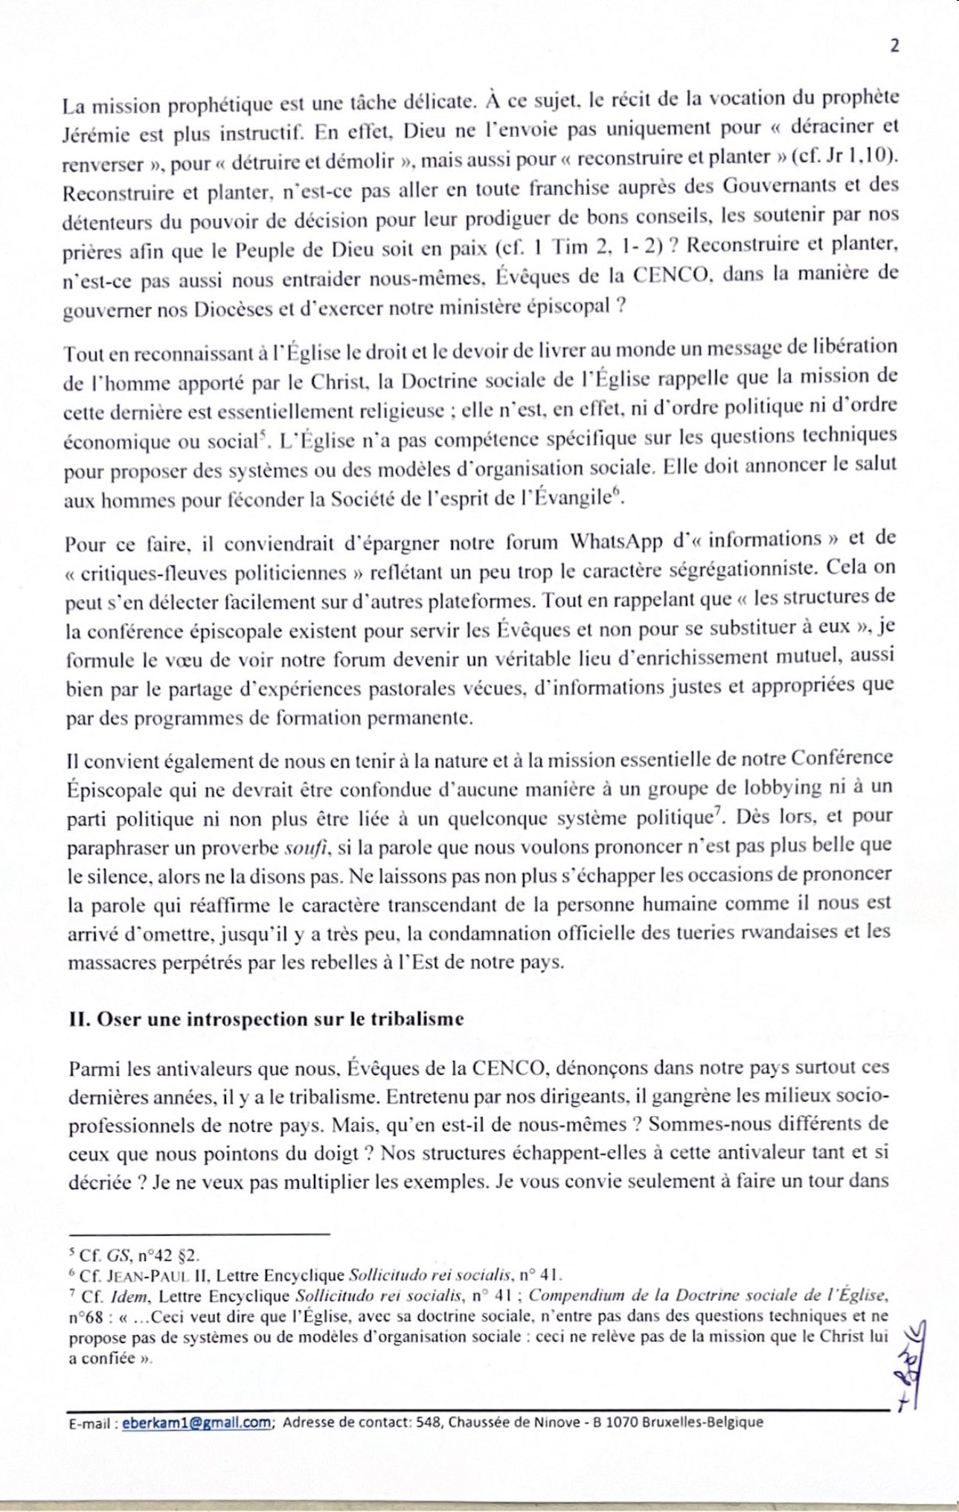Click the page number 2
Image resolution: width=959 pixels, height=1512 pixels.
point(894,45)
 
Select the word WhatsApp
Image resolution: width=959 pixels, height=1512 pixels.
point(615,540)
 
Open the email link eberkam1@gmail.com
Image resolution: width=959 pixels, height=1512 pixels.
point(196,1422)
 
